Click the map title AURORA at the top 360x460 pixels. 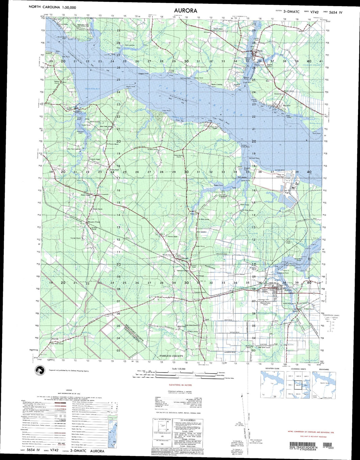pyautogui.click(x=186, y=10)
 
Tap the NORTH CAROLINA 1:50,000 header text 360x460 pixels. pyautogui.click(x=52, y=7)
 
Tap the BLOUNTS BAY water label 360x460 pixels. pyautogui.click(x=93, y=89)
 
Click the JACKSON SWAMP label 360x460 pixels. pyautogui.click(x=311, y=65)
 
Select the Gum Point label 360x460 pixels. pyautogui.click(x=316, y=133)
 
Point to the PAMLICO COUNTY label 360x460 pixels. pyautogui.click(x=171, y=356)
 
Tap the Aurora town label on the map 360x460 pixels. pyautogui.click(x=288, y=290)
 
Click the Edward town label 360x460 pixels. pyautogui.click(x=184, y=258)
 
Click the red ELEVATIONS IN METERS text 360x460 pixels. pyautogui.click(x=180, y=385)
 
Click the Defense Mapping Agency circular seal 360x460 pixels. pyautogui.click(x=40, y=371)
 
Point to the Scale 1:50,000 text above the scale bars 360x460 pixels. pyautogui.click(x=179, y=369)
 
